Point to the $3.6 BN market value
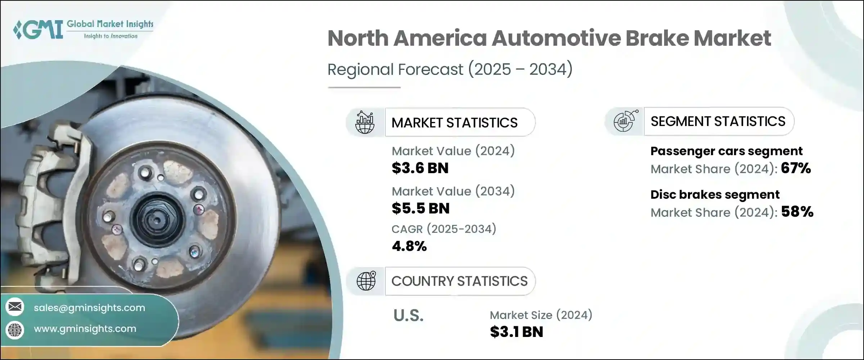click(420, 168)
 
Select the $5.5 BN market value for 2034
click(420, 208)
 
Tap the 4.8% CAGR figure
click(409, 246)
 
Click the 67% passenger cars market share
click(796, 168)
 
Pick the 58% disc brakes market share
click(797, 212)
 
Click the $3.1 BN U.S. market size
click(516, 332)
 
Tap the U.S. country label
click(408, 316)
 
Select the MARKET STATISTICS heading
click(454, 123)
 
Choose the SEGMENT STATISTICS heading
click(718, 121)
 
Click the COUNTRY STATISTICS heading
click(459, 281)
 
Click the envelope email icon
click(15, 307)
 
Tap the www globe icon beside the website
click(15, 329)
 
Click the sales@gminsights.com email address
click(89, 308)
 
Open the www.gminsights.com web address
click(85, 329)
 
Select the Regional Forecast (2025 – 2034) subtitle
click(450, 69)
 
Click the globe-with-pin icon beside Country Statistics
click(366, 281)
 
